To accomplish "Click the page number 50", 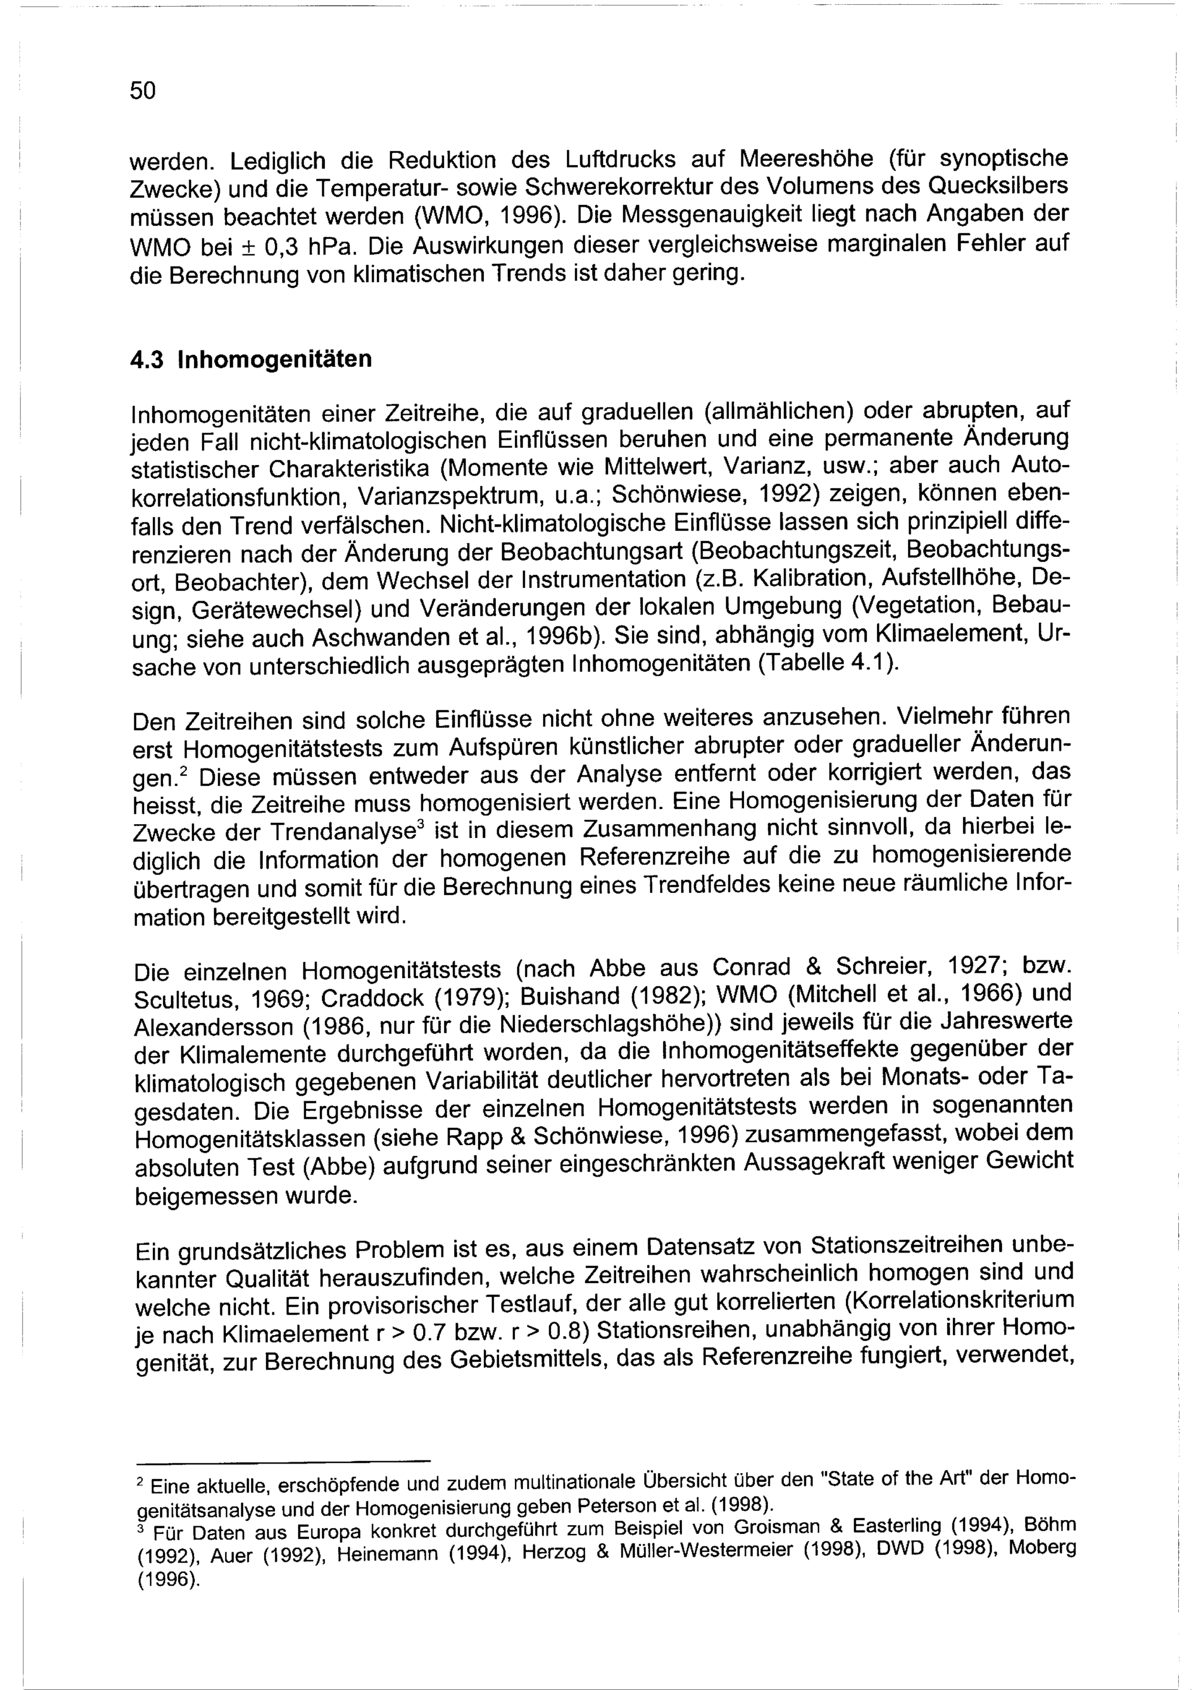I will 143,91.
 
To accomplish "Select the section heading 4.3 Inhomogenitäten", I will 251,360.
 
